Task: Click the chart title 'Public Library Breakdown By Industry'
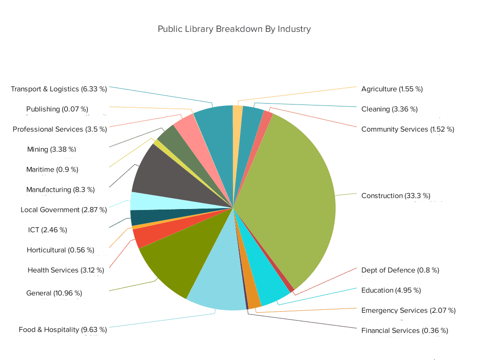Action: (x=234, y=29)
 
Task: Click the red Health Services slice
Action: (x=143, y=237)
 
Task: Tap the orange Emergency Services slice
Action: (x=253, y=300)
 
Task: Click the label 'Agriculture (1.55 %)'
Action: (x=392, y=89)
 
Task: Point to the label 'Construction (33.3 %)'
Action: (x=396, y=195)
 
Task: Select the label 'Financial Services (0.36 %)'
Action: (x=405, y=330)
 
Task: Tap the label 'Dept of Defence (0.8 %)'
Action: (x=400, y=270)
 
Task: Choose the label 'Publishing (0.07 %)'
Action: (x=66, y=109)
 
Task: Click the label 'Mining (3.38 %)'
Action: (x=52, y=150)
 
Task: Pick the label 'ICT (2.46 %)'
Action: (x=47, y=230)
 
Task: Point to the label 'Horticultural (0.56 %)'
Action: (x=60, y=250)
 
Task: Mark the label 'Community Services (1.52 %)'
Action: (x=407, y=129)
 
